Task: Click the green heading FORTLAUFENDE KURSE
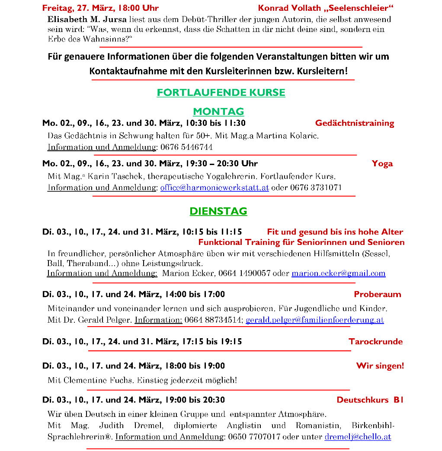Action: click(x=221, y=92)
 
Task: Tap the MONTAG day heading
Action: click(x=218, y=111)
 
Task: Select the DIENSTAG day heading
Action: click(x=218, y=211)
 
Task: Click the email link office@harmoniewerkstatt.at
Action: click(x=215, y=187)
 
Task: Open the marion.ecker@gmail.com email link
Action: click(x=338, y=273)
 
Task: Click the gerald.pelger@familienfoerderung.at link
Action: click(x=314, y=320)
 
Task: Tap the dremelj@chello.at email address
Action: click(x=358, y=437)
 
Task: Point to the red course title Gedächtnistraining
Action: click(x=355, y=123)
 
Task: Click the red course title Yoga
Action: click(x=382, y=163)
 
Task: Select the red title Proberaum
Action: click(x=378, y=295)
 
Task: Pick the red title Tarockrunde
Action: click(x=375, y=342)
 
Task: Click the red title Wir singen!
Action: click(x=380, y=366)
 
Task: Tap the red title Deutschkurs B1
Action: click(x=370, y=400)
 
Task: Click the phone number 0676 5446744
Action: click(x=186, y=147)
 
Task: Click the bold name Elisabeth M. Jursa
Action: click(x=87, y=19)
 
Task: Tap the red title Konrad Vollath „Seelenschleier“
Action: click(x=326, y=8)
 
